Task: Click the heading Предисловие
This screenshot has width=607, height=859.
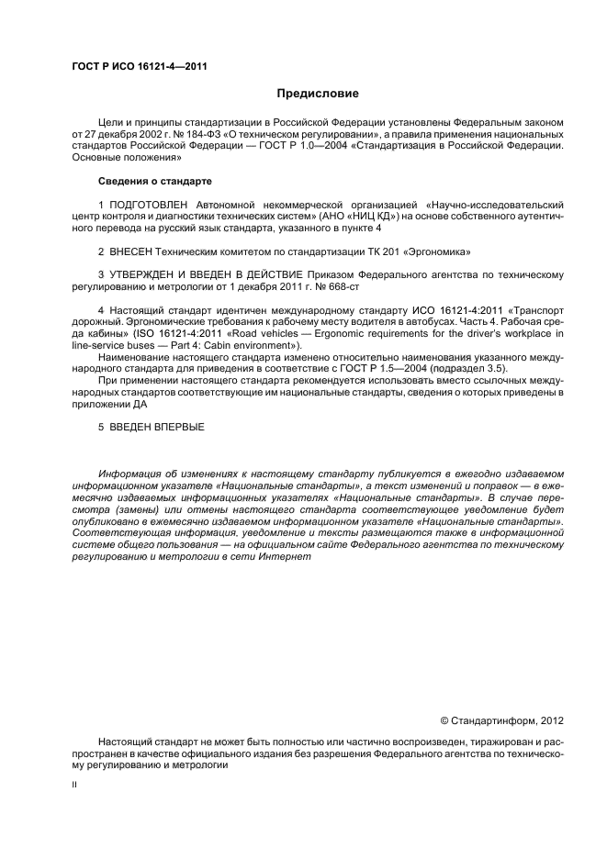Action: pyautogui.click(x=318, y=94)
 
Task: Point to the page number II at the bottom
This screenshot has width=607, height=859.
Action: pyautogui.click(x=75, y=786)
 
